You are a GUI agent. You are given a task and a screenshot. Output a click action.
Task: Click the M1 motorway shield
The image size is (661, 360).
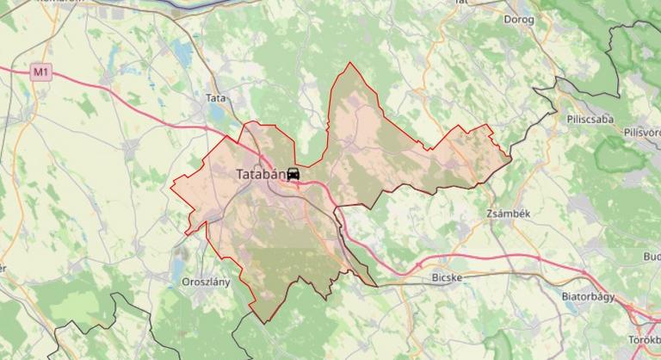pos(40,72)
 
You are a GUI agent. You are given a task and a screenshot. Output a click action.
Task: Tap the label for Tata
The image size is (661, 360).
pos(215,98)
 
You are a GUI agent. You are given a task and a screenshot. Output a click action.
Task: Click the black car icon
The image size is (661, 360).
pos(293,175)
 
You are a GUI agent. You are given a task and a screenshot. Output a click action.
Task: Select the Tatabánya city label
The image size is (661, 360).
pos(260,174)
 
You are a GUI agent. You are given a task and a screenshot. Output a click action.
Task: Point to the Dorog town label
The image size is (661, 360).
pos(519,19)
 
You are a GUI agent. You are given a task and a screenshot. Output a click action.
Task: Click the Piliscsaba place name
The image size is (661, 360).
pos(590,119)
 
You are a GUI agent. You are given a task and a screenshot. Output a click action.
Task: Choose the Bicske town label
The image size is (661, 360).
pos(446,278)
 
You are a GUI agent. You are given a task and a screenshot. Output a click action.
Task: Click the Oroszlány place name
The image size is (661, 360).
pos(206,282)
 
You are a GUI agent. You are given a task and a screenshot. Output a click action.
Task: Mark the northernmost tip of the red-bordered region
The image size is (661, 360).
pos(349,63)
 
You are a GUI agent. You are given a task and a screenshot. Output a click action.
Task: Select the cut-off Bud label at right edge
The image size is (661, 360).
pos(651,257)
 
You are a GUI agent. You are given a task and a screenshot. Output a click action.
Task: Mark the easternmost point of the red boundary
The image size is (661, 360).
pos(510,157)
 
